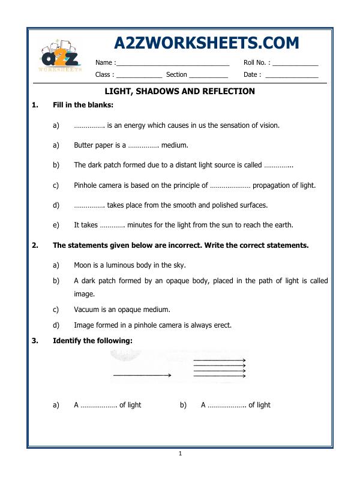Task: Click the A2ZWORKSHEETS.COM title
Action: click(x=206, y=44)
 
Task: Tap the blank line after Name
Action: click(x=172, y=63)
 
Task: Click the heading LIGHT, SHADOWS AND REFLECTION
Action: click(x=180, y=91)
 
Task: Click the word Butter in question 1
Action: click(x=84, y=145)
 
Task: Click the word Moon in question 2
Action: click(x=83, y=265)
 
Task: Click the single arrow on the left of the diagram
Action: click(x=142, y=376)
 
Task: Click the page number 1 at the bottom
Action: click(x=180, y=454)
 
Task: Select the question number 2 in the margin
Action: click(x=35, y=245)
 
